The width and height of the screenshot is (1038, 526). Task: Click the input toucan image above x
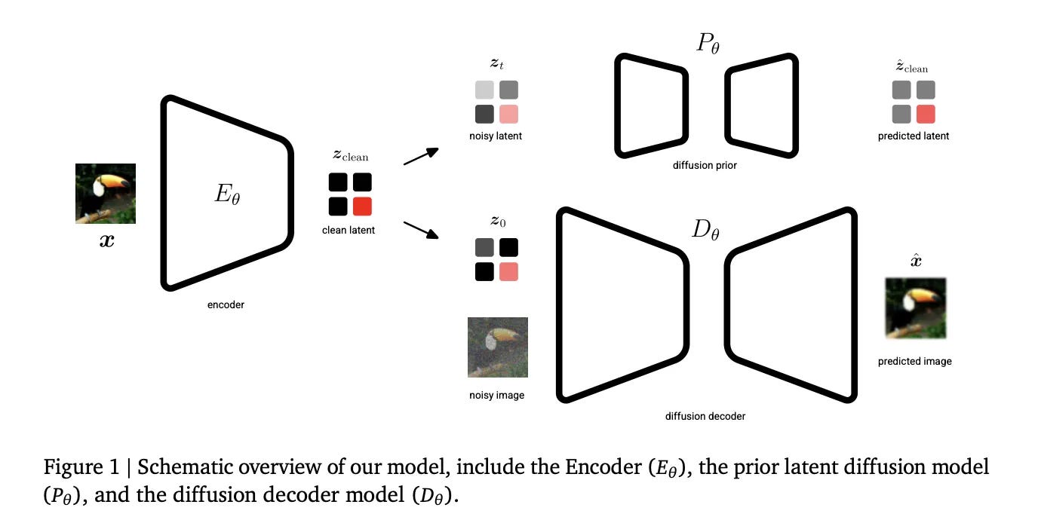point(106,194)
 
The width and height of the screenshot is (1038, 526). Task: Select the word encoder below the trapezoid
point(226,305)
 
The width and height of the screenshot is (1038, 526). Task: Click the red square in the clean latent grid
point(362,206)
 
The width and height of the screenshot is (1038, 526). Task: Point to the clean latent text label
point(349,230)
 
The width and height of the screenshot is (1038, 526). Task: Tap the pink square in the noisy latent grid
point(508,115)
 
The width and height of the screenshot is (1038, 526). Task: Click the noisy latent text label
point(496,136)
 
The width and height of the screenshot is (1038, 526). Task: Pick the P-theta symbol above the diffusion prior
point(707,44)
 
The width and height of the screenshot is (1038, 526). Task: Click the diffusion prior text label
point(705,165)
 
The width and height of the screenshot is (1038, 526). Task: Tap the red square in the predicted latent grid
point(926,115)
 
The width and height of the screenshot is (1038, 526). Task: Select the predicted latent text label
point(914,136)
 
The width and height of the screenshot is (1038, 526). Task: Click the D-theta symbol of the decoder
point(705,229)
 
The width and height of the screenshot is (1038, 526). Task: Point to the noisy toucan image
point(498,347)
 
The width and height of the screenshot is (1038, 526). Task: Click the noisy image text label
point(496,395)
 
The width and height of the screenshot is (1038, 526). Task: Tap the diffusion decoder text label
point(705,415)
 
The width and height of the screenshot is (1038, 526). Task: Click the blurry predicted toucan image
point(915,307)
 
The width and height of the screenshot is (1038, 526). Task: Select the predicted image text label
point(915,361)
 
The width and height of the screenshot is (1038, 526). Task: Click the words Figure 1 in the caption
point(77,468)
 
